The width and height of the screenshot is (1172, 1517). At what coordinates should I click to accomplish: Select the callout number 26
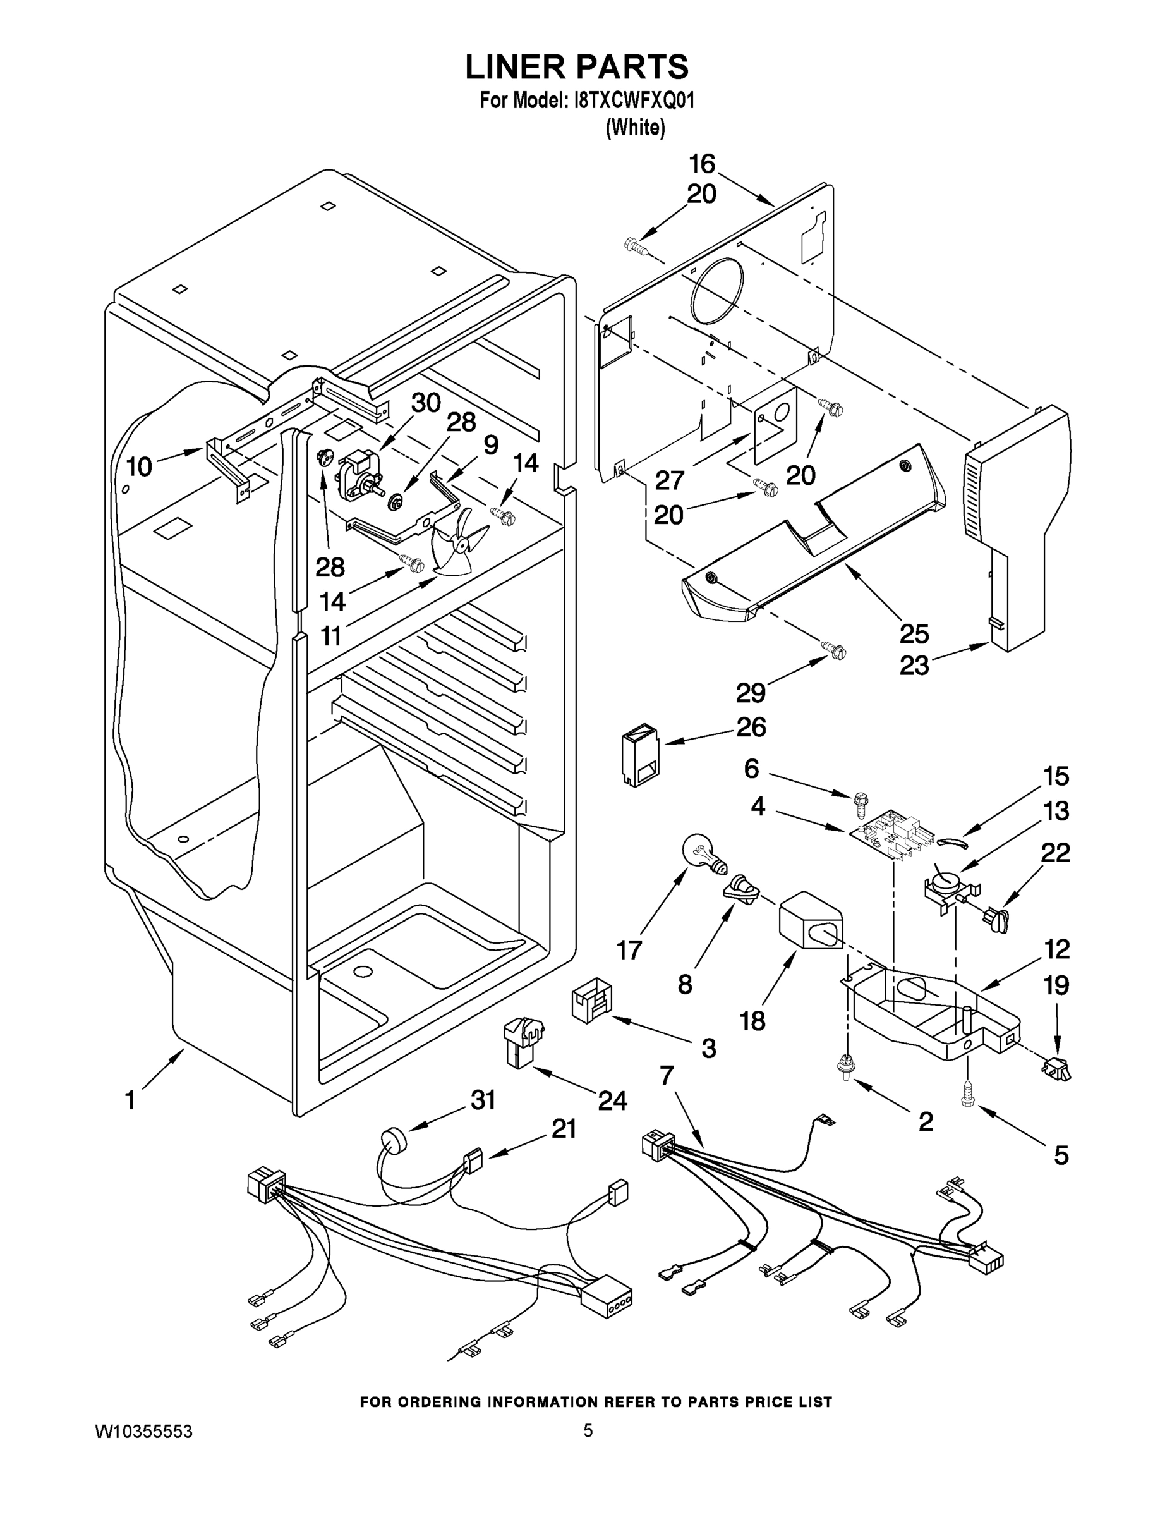coord(751,728)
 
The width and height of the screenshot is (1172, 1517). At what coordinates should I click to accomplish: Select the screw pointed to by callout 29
coord(835,651)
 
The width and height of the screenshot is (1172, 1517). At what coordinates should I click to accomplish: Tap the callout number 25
coord(914,633)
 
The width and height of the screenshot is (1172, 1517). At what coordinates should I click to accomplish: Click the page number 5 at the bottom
coord(588,1431)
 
